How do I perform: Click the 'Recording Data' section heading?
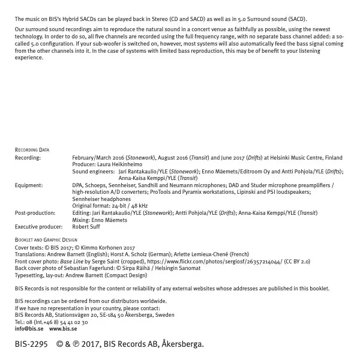pos(32,150)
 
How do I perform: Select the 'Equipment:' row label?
pos(28,185)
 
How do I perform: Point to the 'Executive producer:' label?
pos(38,227)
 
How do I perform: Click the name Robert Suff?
pos(86,227)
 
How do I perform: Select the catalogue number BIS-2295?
pos(31,345)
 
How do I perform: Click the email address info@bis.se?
pos(29,329)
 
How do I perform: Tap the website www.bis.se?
pos(63,329)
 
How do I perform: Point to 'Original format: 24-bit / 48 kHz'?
pos(110,206)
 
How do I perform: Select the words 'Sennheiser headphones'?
pos(101,199)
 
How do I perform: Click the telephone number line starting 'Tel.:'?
pos(51,322)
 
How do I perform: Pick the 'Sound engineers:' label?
pos(93,172)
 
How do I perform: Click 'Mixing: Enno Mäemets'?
pos(100,220)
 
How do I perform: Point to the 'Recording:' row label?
pos(28,158)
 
